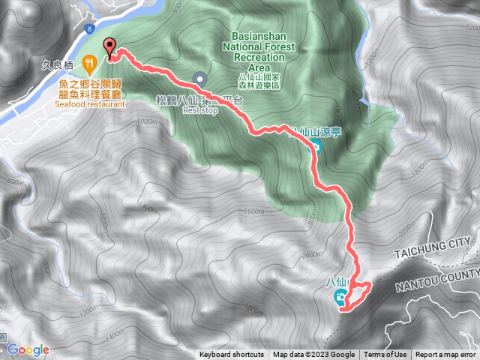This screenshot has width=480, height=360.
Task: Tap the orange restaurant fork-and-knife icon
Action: click(88, 62)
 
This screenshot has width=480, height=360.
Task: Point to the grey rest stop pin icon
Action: click(199, 77)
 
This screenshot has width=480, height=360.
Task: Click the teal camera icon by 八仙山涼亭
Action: click(316, 146)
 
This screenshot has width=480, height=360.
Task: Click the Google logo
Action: click(28, 349)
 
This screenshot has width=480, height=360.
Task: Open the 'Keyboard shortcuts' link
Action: click(232, 355)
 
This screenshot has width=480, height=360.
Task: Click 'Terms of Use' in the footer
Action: click(385, 355)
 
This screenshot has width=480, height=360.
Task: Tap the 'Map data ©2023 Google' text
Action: click(313, 355)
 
